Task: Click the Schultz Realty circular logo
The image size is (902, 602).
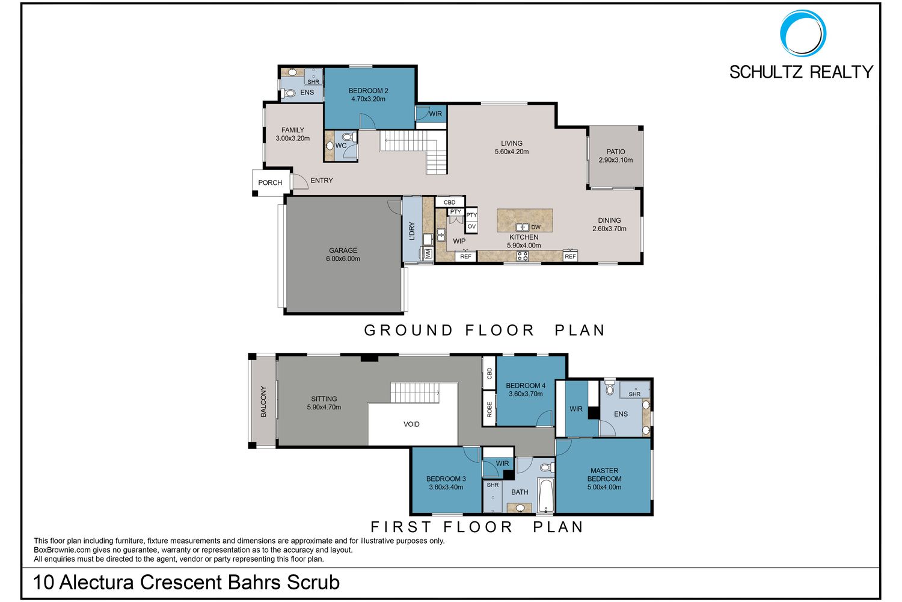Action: (803, 33)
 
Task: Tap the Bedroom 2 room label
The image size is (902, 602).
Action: (368, 95)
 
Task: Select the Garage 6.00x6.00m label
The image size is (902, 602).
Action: (343, 255)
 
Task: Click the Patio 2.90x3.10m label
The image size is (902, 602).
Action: (615, 156)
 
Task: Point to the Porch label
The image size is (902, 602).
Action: (270, 182)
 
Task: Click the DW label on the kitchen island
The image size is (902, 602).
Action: (536, 227)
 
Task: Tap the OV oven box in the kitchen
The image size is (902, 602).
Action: (471, 226)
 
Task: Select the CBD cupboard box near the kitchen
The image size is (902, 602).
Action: (450, 202)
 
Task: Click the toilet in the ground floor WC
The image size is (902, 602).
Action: (349, 137)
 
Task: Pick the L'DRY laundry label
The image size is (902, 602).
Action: (411, 231)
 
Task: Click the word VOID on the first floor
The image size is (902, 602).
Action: (411, 424)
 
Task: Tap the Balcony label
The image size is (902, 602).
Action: (263, 401)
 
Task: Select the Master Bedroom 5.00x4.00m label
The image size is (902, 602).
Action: (604, 479)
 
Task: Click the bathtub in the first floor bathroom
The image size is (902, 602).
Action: (546, 495)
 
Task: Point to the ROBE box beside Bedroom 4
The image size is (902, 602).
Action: (489, 409)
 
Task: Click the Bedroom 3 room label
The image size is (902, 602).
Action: (446, 483)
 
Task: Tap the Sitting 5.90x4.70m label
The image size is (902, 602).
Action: (324, 403)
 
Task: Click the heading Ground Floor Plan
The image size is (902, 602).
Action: (485, 330)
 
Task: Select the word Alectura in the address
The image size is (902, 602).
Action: (97, 582)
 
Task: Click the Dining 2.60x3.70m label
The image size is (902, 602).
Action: (609, 224)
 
